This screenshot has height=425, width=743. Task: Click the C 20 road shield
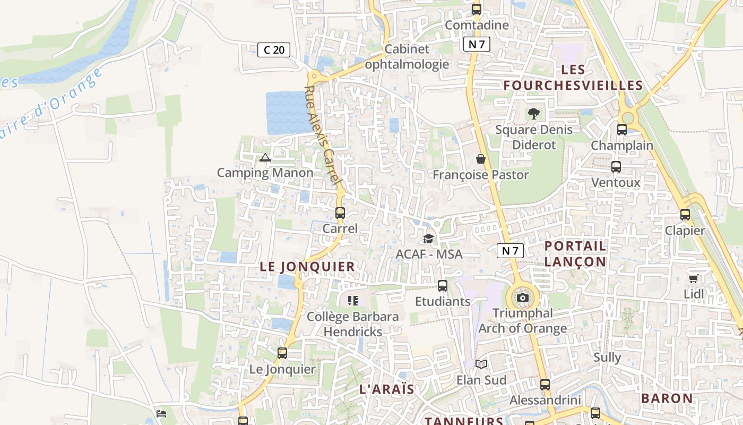[274, 50]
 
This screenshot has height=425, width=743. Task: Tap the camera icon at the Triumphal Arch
[523, 297]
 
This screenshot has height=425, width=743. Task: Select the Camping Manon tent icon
[265, 157]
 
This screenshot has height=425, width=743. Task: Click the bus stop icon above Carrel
[340, 213]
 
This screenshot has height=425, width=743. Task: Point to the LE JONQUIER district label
[307, 267]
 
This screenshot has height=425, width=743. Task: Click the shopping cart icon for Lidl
[693, 278]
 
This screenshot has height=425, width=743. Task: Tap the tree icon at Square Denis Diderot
[534, 113]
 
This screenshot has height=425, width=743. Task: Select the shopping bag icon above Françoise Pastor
[481, 159]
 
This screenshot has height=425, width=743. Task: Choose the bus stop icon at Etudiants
[443, 286]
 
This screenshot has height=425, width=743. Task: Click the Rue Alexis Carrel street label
[322, 135]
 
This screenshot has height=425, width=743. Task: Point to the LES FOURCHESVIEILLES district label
[573, 78]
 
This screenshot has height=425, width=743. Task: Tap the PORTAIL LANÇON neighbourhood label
[576, 253]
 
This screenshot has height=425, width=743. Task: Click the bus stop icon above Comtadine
[477, 9]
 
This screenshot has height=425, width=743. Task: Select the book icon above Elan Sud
[481, 364]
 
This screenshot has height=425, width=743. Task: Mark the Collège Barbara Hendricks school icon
[353, 301]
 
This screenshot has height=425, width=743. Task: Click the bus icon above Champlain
[622, 129]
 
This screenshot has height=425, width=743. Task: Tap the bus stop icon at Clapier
[685, 215]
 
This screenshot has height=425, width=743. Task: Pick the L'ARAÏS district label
[387, 389]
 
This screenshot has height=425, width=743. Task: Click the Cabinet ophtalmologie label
[407, 57]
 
